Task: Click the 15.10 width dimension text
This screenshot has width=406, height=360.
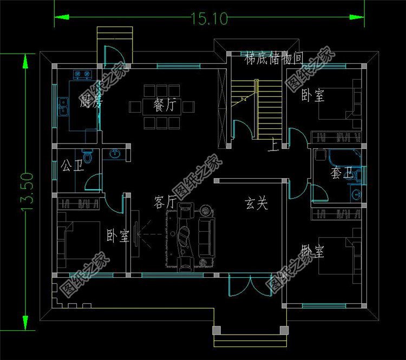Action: click(x=208, y=18)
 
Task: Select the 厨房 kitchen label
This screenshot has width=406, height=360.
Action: click(x=91, y=101)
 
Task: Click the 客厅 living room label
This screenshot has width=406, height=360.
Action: click(x=165, y=203)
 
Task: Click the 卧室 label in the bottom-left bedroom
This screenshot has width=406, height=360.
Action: click(x=117, y=236)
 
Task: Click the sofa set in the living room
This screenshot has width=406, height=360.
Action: click(x=192, y=236)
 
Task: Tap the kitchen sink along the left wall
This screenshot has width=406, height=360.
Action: click(x=63, y=107)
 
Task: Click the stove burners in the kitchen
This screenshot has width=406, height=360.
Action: click(x=82, y=74)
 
